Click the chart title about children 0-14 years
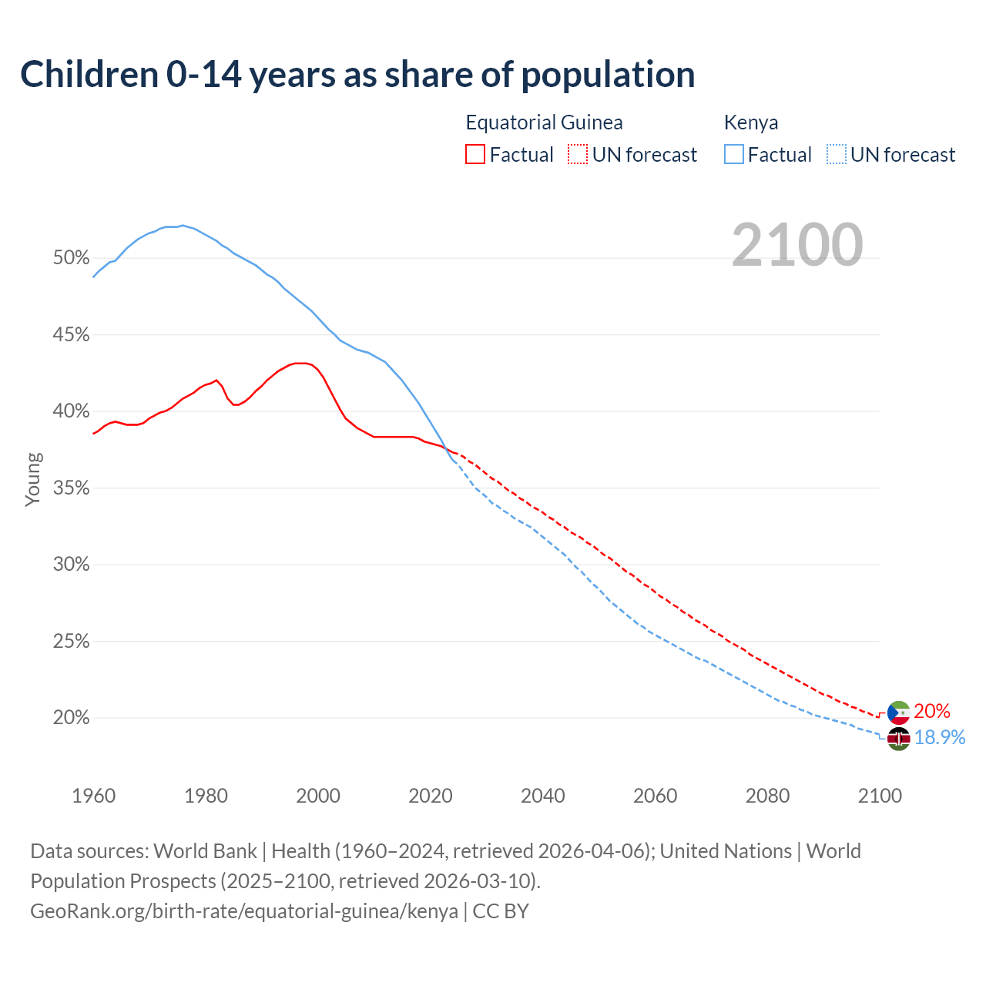coord(357,75)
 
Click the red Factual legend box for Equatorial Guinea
coord(475,155)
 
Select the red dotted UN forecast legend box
coord(578,155)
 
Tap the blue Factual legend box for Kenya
coord(734,155)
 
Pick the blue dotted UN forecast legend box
coord(837,155)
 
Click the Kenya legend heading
coord(751,122)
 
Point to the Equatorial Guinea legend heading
coord(544,122)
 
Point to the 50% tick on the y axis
coord(71,258)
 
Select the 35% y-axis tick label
coord(71,488)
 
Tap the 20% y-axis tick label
coord(71,718)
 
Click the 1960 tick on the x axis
coord(93,796)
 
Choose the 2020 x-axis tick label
coord(431,796)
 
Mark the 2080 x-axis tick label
coord(767,796)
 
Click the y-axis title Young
coord(32,479)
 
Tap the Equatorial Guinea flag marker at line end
coord(898,713)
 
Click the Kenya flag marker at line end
coord(898,739)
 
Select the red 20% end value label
coord(932,711)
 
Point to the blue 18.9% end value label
coord(940,738)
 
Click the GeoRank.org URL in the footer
coord(244,911)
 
